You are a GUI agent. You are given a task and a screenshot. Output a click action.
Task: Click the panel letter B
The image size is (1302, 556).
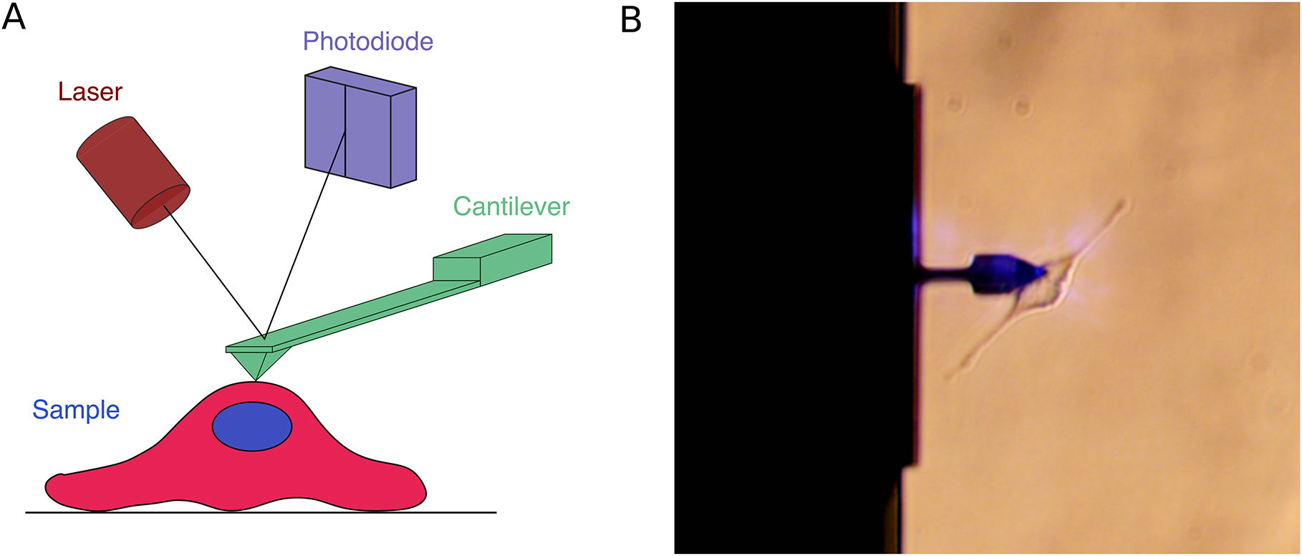pos(630,19)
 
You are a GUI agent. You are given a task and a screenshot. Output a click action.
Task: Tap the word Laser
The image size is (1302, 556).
pos(90,92)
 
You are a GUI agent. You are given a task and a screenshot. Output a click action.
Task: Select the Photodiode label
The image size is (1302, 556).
pos(367,42)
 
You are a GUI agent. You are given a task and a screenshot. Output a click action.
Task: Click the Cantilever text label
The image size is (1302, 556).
pos(511,206)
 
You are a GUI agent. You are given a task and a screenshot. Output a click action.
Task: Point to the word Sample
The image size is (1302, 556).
pos(76,410)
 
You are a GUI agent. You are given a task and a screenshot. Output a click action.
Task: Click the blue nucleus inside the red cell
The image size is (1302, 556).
pos(252,426)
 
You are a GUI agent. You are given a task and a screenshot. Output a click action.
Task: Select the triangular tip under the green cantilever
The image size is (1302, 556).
pos(256,363)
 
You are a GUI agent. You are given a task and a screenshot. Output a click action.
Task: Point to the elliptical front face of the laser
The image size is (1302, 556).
pos(163,206)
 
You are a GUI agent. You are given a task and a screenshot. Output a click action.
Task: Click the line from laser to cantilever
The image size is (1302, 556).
pos(215,272)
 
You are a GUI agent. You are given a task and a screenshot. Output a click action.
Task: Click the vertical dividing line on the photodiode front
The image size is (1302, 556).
pos(346,133)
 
